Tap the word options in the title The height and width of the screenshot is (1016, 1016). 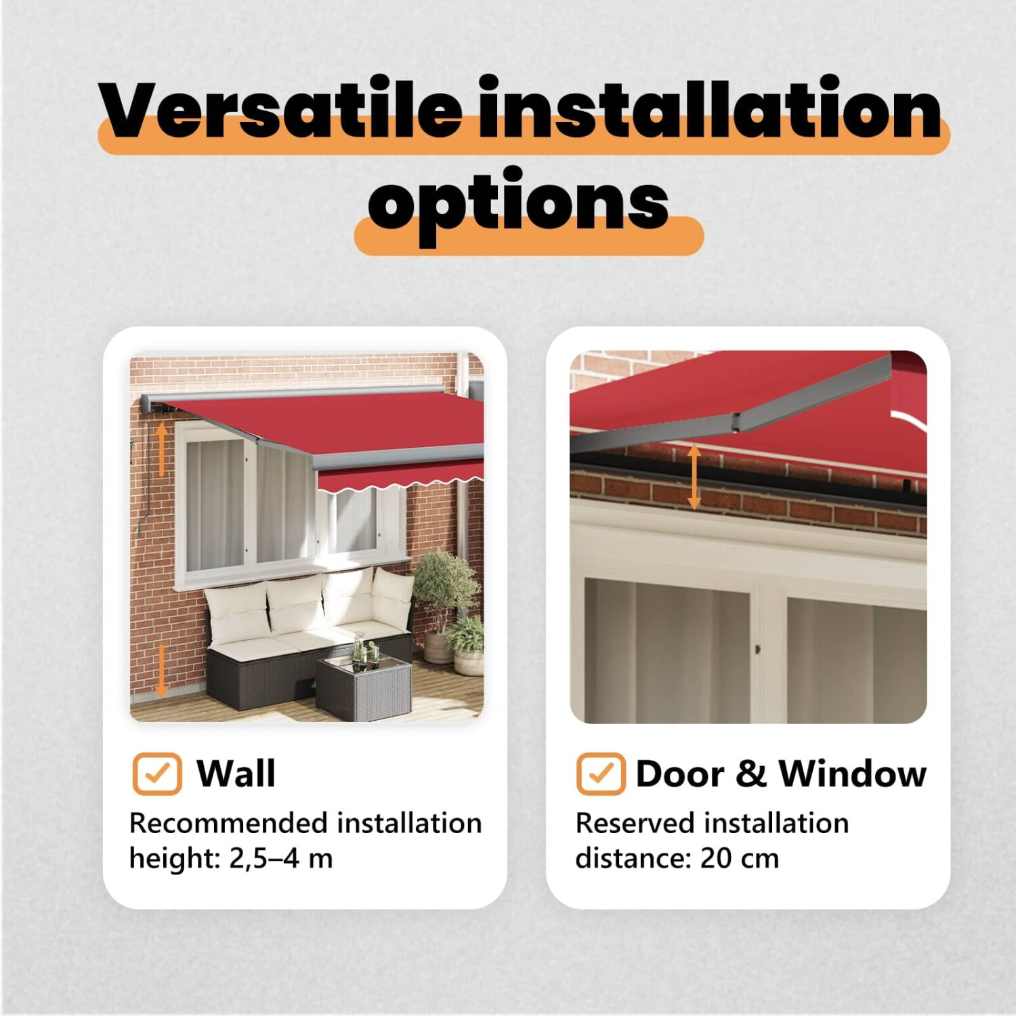(x=519, y=203)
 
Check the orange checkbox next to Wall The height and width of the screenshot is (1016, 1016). (x=157, y=774)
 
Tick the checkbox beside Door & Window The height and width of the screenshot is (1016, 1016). (x=601, y=774)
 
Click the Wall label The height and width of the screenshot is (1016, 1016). (x=236, y=774)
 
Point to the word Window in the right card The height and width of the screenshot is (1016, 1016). (x=853, y=774)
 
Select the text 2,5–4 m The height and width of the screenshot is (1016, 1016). (x=281, y=858)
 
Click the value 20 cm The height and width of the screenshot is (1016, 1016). (x=740, y=858)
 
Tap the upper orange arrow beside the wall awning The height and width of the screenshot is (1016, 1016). (x=161, y=449)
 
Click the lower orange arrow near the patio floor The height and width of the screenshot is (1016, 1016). (x=161, y=671)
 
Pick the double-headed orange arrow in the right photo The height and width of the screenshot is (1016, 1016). (x=694, y=477)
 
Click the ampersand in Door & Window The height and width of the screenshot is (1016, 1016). (x=751, y=774)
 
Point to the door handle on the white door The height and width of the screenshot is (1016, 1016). (x=757, y=650)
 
